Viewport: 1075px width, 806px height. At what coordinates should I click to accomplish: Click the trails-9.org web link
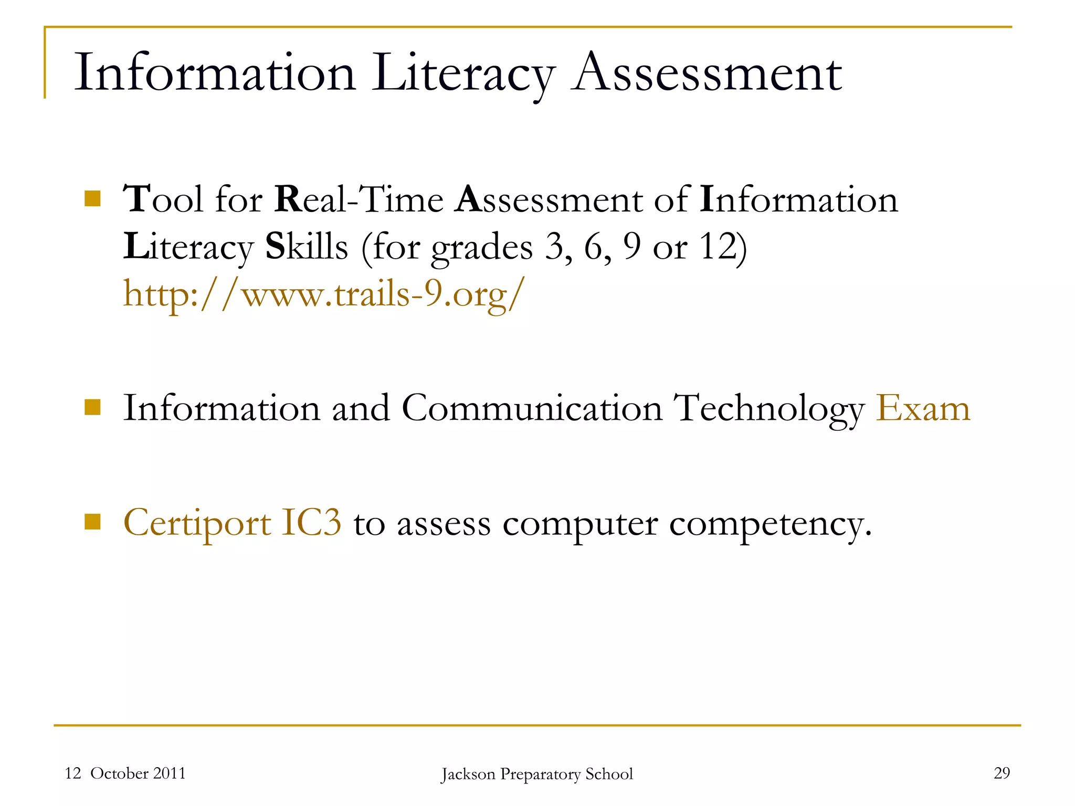(x=323, y=294)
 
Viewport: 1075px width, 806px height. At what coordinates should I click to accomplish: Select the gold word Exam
(x=923, y=408)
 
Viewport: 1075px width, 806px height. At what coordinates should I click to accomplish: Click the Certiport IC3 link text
(x=232, y=523)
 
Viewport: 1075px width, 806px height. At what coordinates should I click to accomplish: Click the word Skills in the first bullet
(x=307, y=247)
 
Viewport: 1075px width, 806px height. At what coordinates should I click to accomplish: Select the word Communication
(x=532, y=408)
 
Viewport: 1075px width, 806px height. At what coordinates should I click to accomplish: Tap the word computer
(x=579, y=524)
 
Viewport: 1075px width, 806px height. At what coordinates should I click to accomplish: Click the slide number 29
(x=1002, y=773)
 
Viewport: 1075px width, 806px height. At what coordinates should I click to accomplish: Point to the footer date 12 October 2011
(x=125, y=773)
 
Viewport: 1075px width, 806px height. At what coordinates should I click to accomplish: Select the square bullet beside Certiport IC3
(x=92, y=522)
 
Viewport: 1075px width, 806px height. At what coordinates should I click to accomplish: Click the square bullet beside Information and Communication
(x=92, y=407)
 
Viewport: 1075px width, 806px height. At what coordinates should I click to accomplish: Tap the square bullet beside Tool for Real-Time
(x=92, y=199)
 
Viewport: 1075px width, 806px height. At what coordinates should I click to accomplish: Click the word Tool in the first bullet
(x=163, y=200)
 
